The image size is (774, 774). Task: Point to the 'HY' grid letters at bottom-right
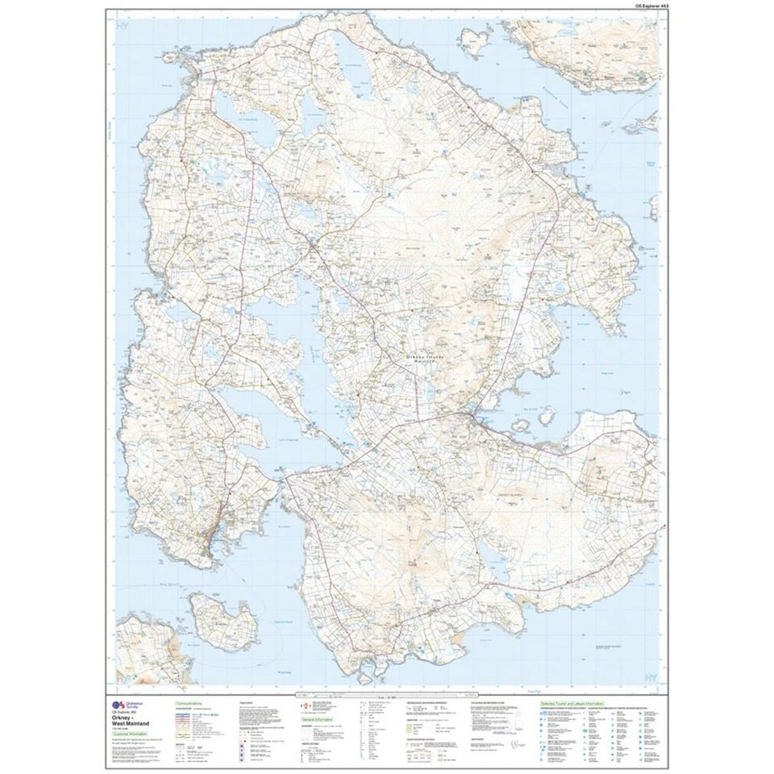[647, 676]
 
